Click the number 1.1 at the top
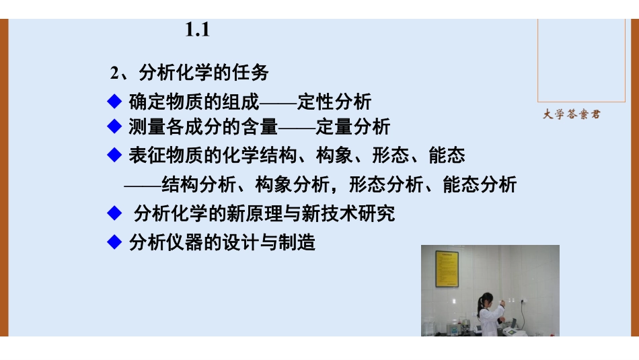tap(198, 30)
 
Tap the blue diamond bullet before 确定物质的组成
tap(114, 102)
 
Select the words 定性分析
tap(334, 102)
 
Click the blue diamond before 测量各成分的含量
tap(114, 126)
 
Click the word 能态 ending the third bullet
tap(447, 156)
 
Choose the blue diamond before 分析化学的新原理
tap(114, 213)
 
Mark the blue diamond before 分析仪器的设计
tap(114, 242)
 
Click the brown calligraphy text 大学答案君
tap(571, 114)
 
